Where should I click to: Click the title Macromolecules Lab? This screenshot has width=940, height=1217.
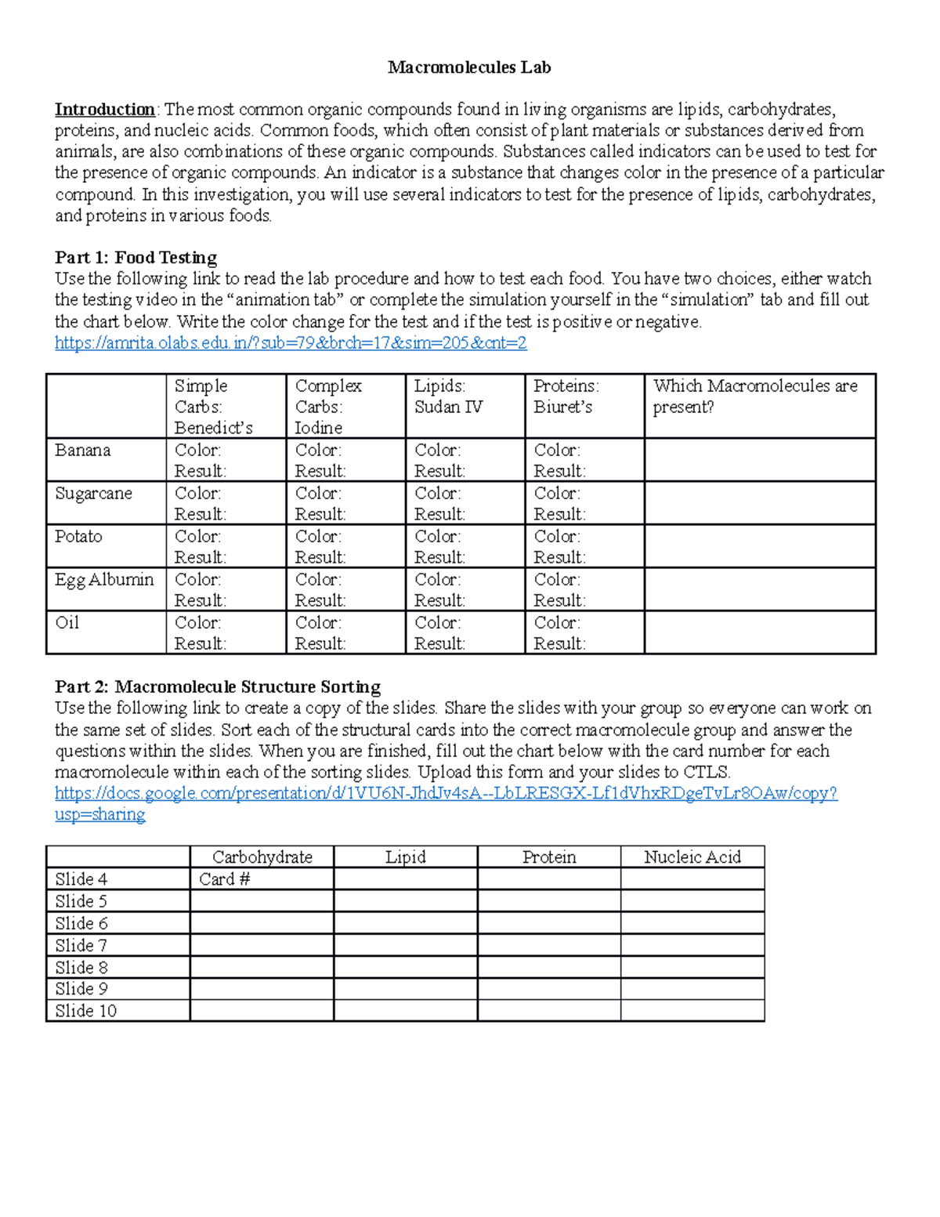tap(469, 68)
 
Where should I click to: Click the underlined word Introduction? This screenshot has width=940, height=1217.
tap(105, 109)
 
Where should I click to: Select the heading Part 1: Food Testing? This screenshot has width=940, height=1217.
tap(136, 258)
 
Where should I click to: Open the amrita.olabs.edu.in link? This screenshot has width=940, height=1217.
tap(291, 342)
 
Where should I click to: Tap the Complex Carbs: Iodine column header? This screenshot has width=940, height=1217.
tap(328, 407)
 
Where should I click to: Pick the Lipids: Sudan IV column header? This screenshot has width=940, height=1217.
tap(448, 397)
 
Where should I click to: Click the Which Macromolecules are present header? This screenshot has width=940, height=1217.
tap(755, 397)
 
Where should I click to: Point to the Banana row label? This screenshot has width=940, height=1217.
tap(83, 451)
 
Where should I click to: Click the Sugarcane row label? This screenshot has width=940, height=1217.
tap(93, 494)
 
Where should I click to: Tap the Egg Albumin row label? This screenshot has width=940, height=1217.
tap(104, 580)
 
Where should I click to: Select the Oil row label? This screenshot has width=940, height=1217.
tap(67, 623)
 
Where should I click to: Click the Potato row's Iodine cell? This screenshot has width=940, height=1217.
tap(345, 546)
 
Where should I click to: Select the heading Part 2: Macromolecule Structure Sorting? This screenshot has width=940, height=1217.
tap(218, 687)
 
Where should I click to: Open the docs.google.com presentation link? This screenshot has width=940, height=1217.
tap(446, 794)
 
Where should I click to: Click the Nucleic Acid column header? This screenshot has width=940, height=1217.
tap(692, 857)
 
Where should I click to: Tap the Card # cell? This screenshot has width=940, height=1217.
tap(225, 879)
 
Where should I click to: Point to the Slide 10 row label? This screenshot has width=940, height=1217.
tap(86, 1011)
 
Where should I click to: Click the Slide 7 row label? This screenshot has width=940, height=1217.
tap(81, 945)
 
